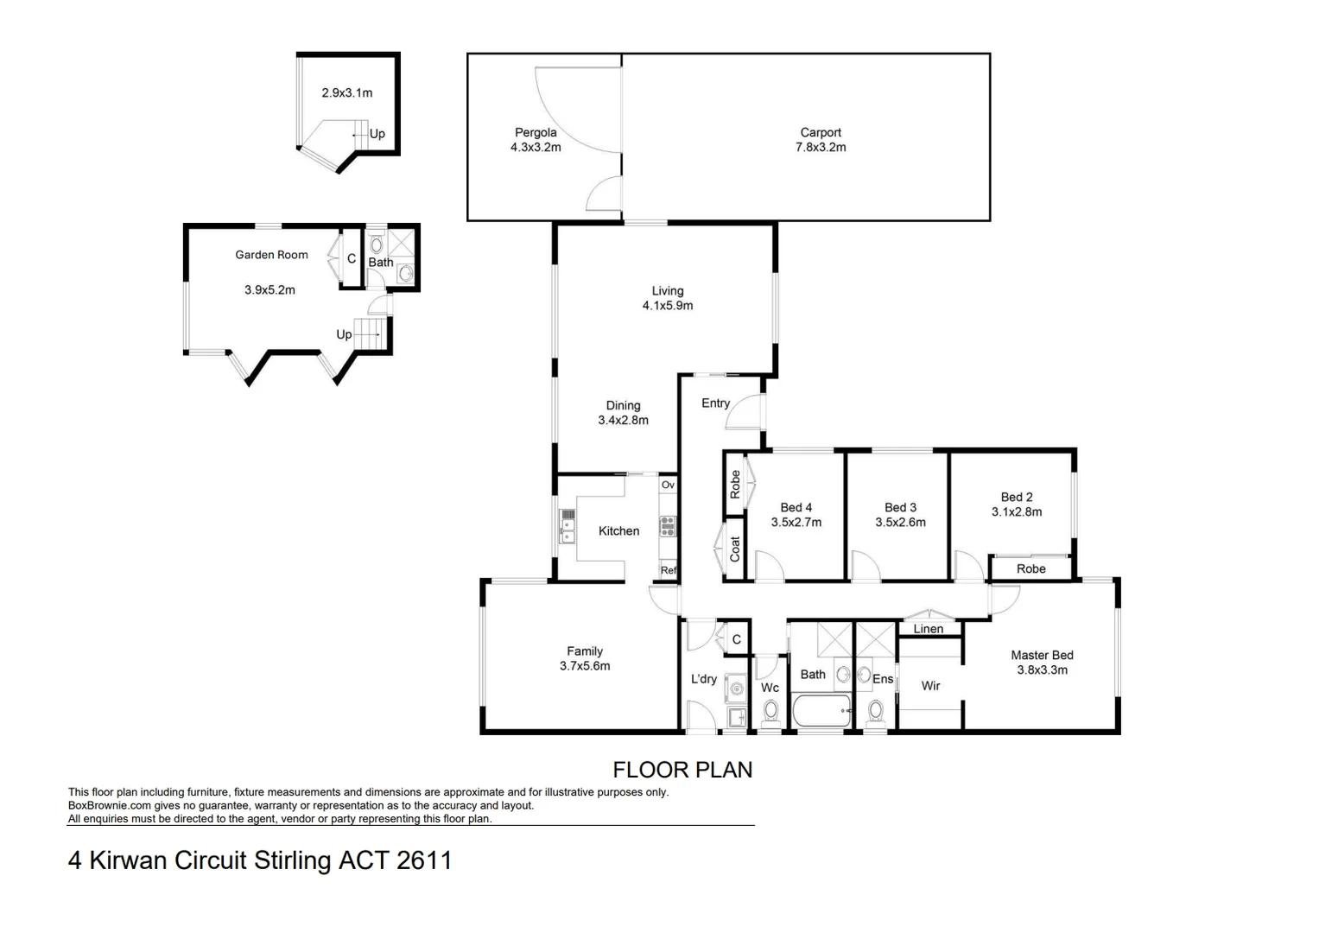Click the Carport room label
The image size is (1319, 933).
(x=820, y=132)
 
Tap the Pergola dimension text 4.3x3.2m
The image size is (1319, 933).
(x=536, y=148)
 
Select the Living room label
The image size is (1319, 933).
(x=667, y=291)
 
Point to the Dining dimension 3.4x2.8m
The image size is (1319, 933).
(x=623, y=421)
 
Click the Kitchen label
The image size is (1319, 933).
(x=618, y=531)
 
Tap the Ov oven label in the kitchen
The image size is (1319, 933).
(x=668, y=486)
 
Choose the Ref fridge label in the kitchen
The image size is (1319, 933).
(x=668, y=570)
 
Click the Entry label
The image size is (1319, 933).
(x=715, y=403)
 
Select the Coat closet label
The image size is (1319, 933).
(x=735, y=549)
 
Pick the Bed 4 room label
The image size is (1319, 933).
(x=796, y=508)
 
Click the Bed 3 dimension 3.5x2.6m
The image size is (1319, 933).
(x=900, y=523)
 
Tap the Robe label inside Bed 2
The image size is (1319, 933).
(x=1030, y=569)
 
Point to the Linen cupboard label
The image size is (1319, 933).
(x=928, y=629)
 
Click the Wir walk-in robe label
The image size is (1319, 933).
(x=930, y=686)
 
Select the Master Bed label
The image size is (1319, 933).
(x=1042, y=656)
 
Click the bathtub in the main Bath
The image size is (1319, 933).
(x=821, y=714)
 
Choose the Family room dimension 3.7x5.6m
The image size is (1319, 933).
(x=585, y=666)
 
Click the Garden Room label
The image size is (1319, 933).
(x=271, y=255)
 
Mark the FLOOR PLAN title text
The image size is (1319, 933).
(x=682, y=770)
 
